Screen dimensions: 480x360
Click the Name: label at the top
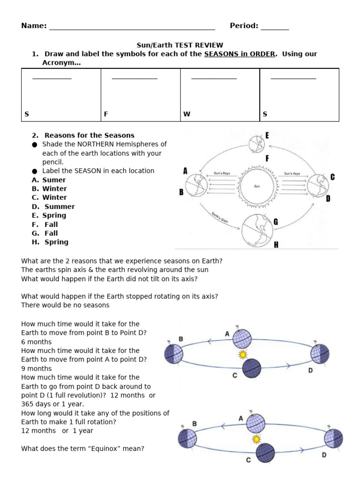pyautogui.click(x=34, y=26)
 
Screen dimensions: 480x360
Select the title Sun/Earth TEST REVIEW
pyautogui.click(x=180, y=45)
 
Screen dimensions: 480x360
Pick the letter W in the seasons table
pyautogui.click(x=187, y=114)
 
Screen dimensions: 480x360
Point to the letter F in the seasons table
pyautogui.click(x=106, y=114)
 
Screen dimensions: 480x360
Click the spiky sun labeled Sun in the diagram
pyautogui.click(x=256, y=186)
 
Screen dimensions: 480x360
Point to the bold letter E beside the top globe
pyautogui.click(x=267, y=135)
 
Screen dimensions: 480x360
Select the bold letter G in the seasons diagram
pyautogui.click(x=276, y=222)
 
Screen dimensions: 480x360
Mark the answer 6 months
pyautogui.click(x=37, y=342)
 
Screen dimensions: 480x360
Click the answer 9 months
pyautogui.click(x=37, y=368)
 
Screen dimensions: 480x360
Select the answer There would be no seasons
pyautogui.click(x=65, y=305)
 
